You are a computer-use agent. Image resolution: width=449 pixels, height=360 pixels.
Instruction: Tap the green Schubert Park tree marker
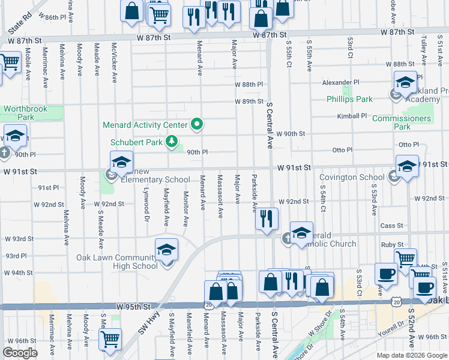coord(172,142)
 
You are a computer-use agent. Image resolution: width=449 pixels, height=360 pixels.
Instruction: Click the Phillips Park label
coord(349,99)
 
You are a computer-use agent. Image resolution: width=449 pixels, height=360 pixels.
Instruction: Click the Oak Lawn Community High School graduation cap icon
coord(166,249)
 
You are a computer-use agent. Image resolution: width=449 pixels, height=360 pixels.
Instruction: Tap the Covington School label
coord(352,177)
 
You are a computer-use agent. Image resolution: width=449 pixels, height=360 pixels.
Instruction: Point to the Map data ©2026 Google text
coord(411,355)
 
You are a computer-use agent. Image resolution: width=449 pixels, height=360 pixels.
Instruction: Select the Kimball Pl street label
coord(352,116)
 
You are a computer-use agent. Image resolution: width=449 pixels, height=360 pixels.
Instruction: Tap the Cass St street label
coord(391,226)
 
